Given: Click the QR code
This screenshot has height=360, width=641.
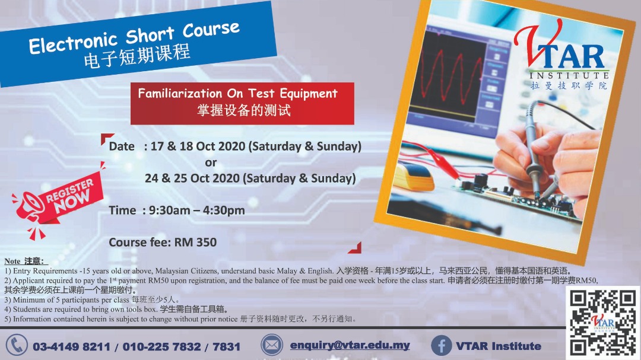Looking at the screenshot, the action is click(603, 323).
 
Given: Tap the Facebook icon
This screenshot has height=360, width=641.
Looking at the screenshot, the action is click(441, 346).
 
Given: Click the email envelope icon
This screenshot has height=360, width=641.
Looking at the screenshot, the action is click(271, 345).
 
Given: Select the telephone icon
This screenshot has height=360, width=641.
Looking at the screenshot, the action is click(17, 345).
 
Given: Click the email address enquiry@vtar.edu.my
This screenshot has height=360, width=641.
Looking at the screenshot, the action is click(350, 345).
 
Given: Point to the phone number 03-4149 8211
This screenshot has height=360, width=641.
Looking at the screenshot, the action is click(72, 347).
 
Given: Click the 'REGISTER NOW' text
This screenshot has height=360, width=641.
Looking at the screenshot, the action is click(70, 195).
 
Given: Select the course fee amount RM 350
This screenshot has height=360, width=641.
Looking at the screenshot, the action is click(195, 243).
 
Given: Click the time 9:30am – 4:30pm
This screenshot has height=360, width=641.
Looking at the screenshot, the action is click(196, 211).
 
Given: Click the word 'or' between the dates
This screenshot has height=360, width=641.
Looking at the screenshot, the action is click(211, 163).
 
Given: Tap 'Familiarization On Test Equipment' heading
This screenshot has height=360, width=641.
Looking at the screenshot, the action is click(237, 94).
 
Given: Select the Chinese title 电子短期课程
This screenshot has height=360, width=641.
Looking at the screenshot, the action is click(137, 56).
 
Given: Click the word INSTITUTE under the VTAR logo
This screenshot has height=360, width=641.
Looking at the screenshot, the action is click(569, 75).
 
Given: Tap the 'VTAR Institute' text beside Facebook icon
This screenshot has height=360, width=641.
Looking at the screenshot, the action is click(499, 346).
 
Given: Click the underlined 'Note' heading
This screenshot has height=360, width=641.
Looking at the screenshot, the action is click(12, 261).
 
